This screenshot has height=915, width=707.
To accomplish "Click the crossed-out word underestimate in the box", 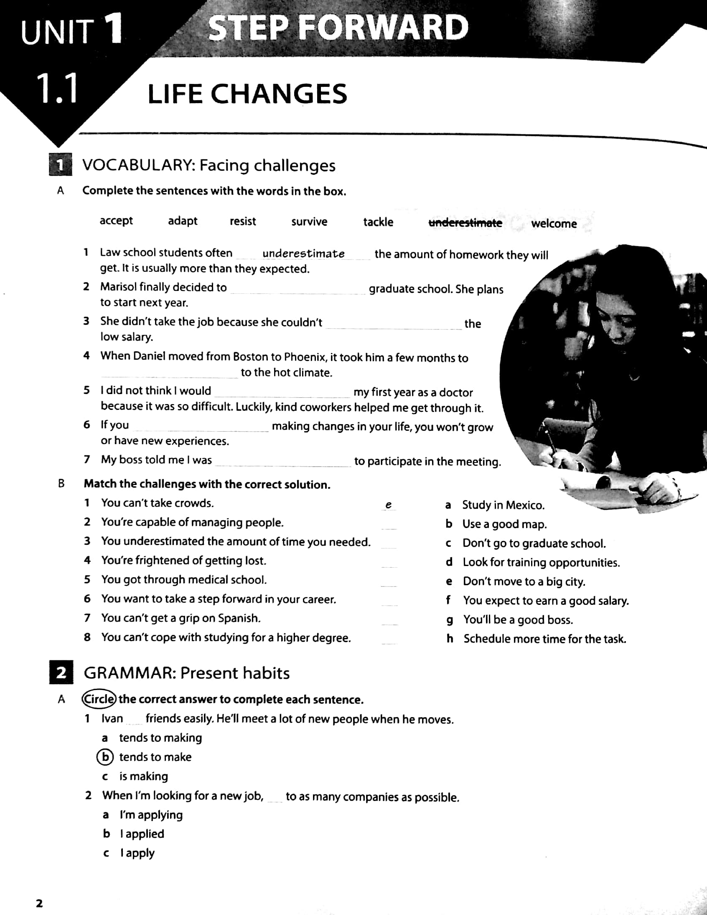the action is [x=465, y=223].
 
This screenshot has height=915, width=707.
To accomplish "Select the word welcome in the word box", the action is [x=554, y=224].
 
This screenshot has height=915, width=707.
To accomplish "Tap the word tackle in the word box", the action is [x=378, y=222].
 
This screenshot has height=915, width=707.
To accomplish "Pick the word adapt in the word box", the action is [x=183, y=221].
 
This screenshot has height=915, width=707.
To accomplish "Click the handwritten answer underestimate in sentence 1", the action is [x=303, y=254].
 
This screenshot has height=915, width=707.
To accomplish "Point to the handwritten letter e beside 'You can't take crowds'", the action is [x=388, y=505].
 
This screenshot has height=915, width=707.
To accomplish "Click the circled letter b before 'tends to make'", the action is [x=105, y=757].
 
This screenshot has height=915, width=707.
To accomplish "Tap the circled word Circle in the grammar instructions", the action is [x=99, y=699].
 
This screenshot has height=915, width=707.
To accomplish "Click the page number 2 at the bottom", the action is [x=39, y=903].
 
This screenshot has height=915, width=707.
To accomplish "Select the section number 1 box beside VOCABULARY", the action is [x=61, y=165].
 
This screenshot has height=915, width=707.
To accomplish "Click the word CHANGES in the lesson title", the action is [x=278, y=94].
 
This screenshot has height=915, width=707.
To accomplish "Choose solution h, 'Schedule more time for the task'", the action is [x=544, y=639].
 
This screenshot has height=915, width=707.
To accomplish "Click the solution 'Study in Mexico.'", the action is [x=503, y=505].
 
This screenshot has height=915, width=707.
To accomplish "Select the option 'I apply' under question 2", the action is [x=137, y=853].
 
